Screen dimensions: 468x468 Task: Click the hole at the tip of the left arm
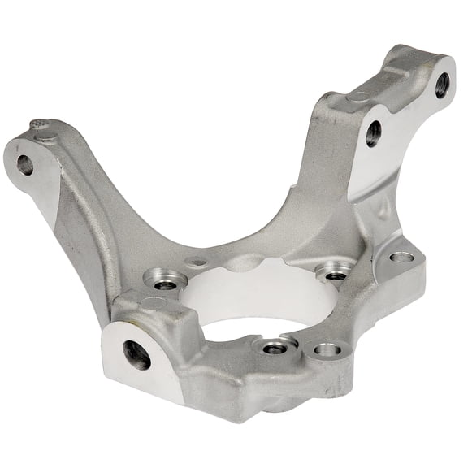(x=25, y=165)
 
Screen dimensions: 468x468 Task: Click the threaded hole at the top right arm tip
(x=441, y=84)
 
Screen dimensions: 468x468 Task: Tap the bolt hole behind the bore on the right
(x=335, y=272)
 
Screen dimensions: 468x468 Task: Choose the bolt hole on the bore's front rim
(x=275, y=347)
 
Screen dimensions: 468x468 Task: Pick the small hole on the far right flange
(x=401, y=258)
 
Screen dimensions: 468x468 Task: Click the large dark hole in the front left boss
(x=136, y=354)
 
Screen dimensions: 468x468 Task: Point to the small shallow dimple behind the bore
(x=196, y=262)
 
